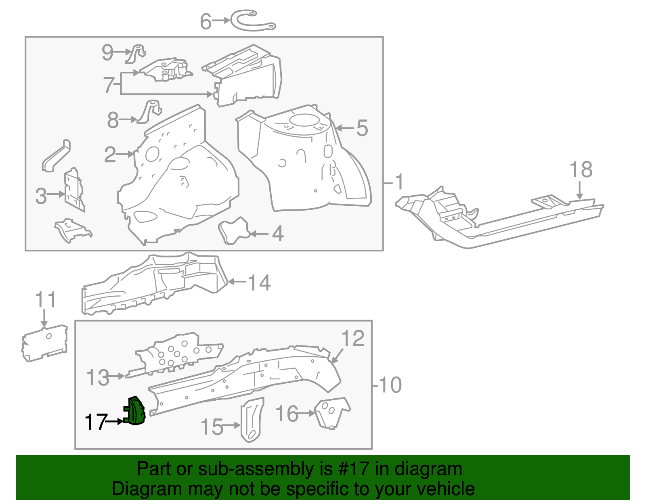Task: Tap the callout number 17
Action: click(96, 422)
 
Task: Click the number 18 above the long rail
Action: click(581, 169)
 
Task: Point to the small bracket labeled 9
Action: click(136, 54)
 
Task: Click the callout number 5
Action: click(362, 128)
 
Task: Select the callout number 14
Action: click(259, 282)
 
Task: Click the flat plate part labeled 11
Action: click(44, 343)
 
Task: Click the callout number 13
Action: click(98, 378)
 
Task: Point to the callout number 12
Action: click(352, 338)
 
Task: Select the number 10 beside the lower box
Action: click(390, 385)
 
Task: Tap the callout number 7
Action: click(108, 85)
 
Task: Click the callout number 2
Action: click(110, 155)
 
